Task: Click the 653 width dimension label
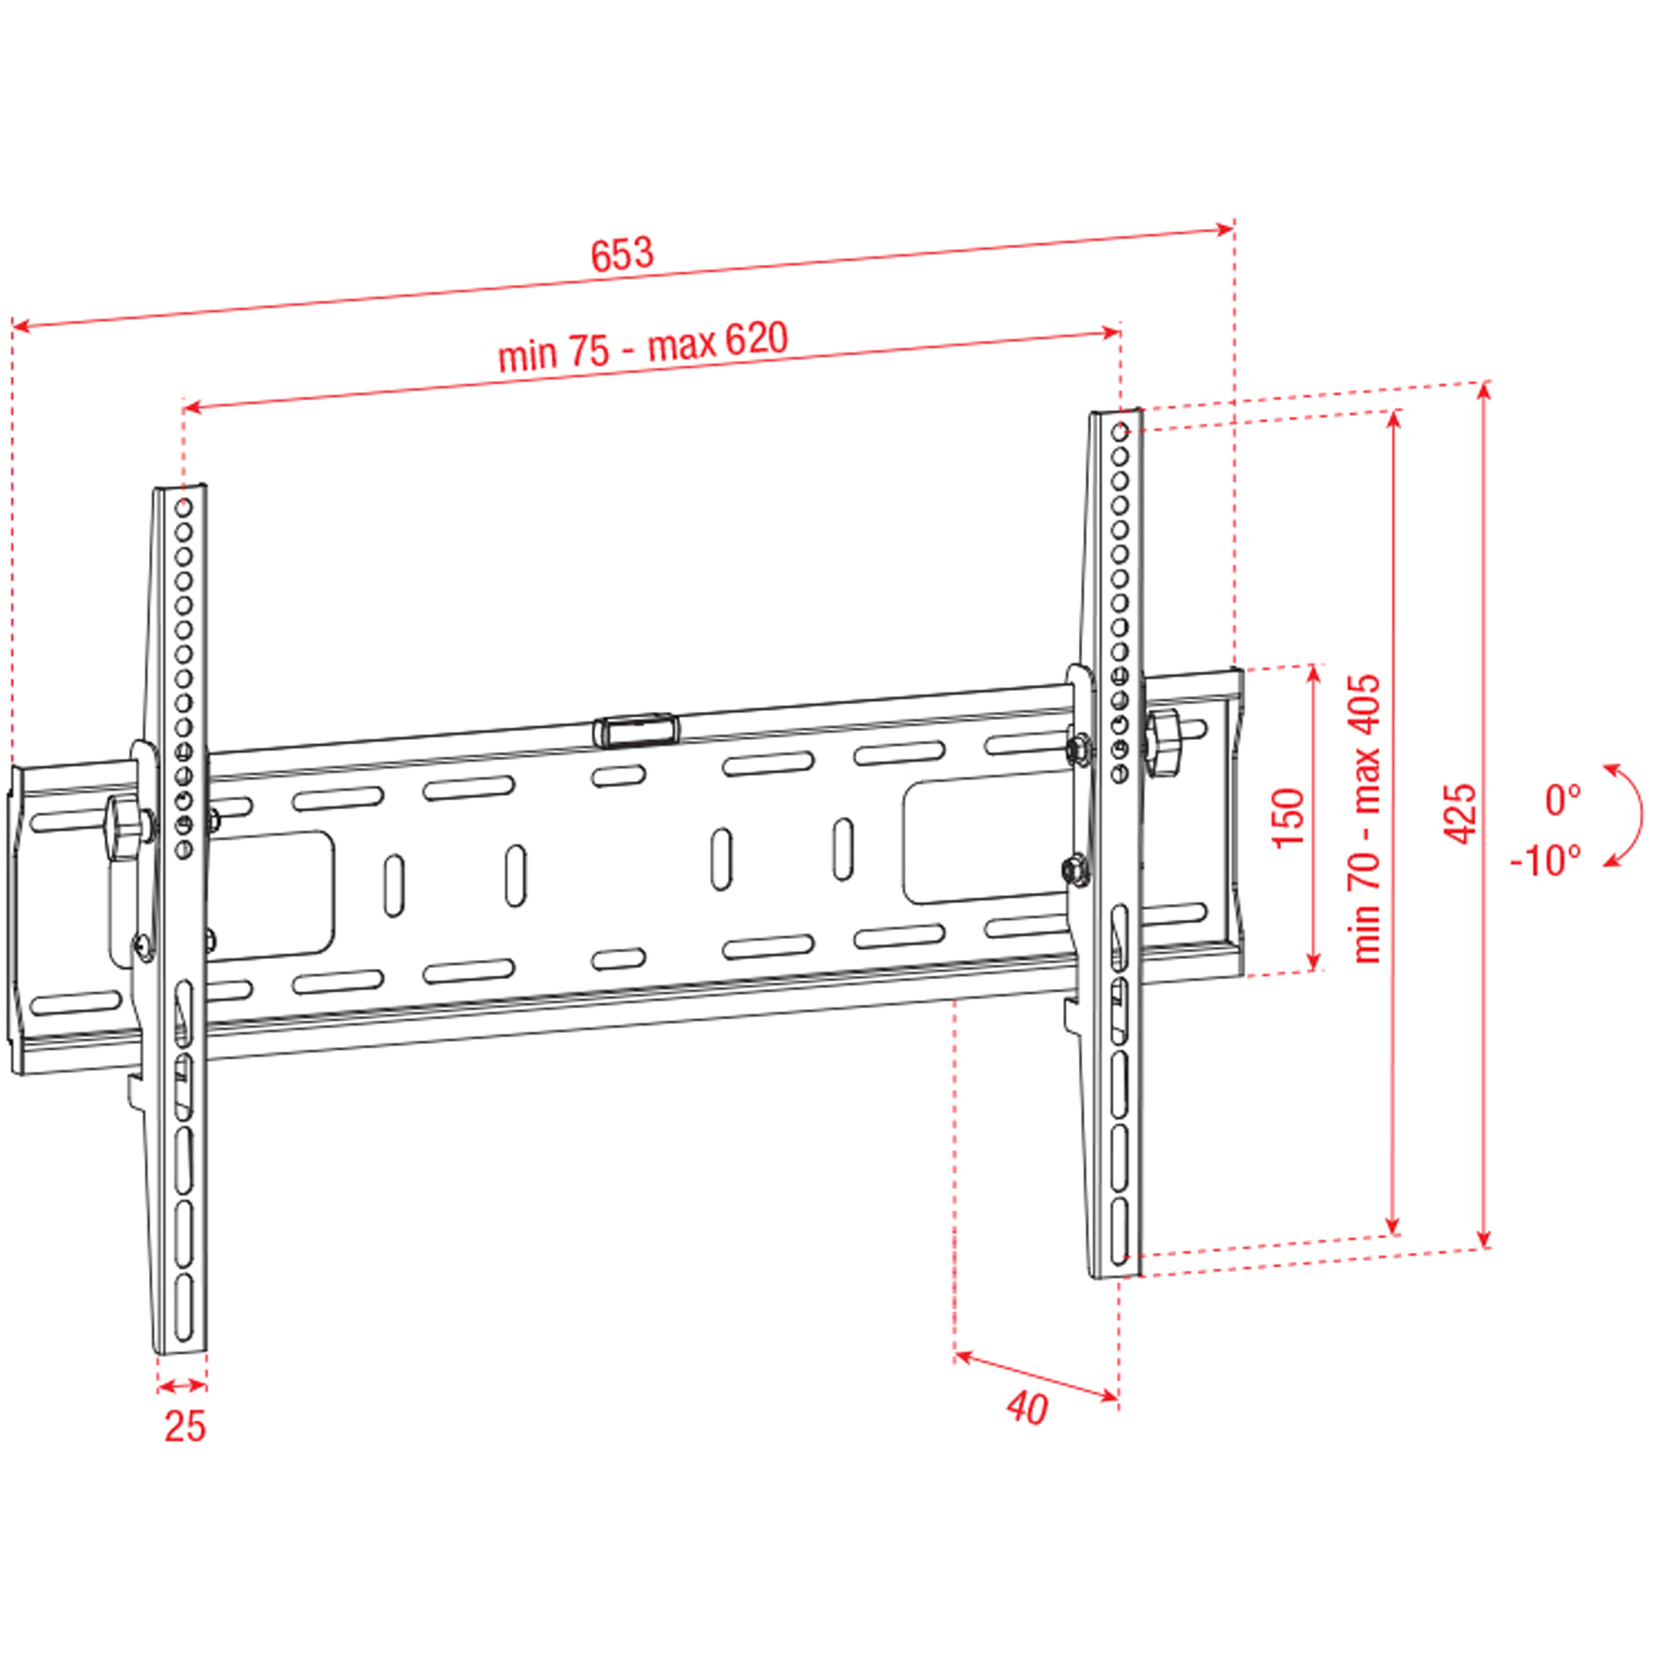[x=622, y=253]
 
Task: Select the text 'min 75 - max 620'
[x=643, y=346]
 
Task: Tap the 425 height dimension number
[x=1460, y=813]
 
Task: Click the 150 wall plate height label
[x=1289, y=817]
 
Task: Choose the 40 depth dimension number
[x=1027, y=1409]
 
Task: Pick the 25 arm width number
[x=186, y=1426]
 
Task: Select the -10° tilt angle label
[x=1547, y=861]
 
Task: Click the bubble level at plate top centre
[x=635, y=729]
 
